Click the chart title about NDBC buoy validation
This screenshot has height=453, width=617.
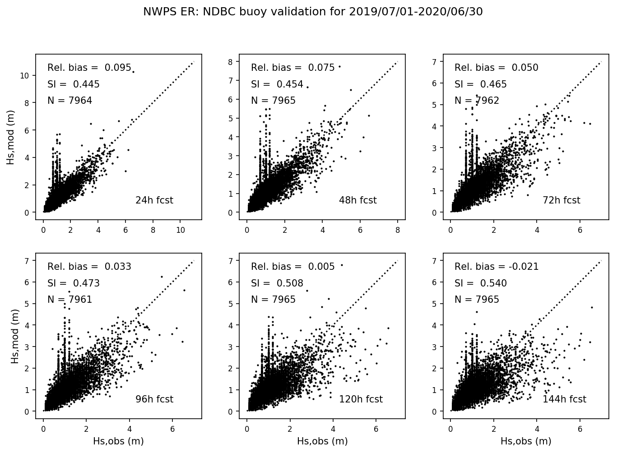313,12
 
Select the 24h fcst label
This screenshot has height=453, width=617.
154,200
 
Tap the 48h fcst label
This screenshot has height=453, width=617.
358,200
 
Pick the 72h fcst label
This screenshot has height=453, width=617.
561,200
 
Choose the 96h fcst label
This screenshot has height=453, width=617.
154,399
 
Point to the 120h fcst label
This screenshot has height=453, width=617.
361,399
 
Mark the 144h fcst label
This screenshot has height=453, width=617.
564,399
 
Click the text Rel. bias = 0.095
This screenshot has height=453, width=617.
89,68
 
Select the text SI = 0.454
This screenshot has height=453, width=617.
277,84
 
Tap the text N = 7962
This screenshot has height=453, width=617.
477,101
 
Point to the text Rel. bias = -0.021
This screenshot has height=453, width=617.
496,267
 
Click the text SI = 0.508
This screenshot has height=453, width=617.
277,283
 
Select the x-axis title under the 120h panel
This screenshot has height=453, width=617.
322,441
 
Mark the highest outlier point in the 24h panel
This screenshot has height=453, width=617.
133,72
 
